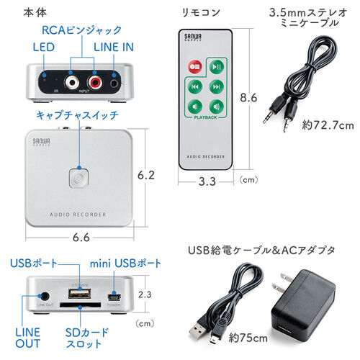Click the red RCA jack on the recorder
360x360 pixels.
coord(94,84)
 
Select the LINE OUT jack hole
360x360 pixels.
coord(45,295)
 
